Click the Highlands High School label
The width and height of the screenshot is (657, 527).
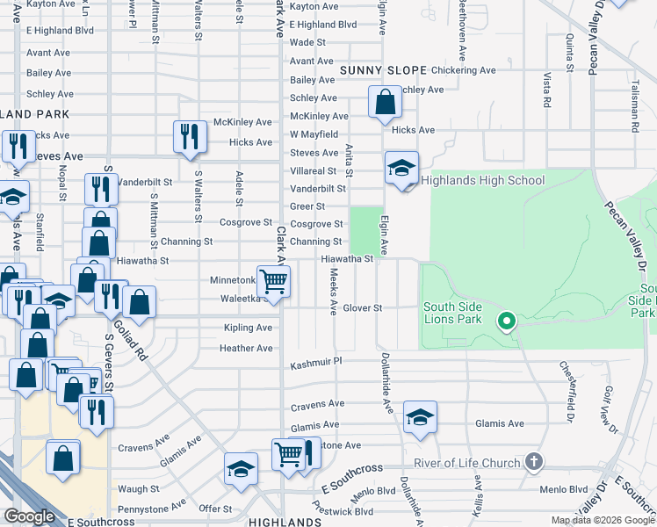(483, 181)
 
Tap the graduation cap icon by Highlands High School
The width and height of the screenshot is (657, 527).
(401, 168)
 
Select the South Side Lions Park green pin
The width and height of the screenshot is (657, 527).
(506, 321)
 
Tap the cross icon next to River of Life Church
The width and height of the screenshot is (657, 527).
(532, 461)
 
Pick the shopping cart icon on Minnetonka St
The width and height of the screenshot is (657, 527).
(274, 282)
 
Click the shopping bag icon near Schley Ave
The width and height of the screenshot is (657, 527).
(385, 103)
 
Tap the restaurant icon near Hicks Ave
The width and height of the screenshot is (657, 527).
(190, 136)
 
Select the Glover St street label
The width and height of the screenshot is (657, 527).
(363, 308)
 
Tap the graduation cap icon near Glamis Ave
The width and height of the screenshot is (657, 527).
(421, 418)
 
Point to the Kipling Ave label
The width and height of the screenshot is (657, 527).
(248, 328)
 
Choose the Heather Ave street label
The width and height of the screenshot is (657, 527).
(246, 348)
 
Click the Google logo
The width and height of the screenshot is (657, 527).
(29, 516)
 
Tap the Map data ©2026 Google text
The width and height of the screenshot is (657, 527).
(602, 520)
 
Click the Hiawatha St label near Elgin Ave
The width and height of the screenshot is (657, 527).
(347, 259)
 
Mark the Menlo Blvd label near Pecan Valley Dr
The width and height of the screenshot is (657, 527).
(563, 491)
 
